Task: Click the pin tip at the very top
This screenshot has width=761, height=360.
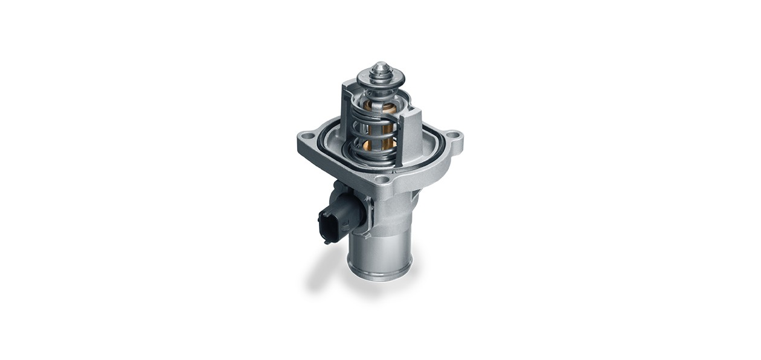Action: click(x=380, y=65)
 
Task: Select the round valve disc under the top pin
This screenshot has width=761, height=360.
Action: click(x=380, y=79)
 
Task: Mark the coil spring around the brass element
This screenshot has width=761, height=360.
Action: click(x=368, y=130)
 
